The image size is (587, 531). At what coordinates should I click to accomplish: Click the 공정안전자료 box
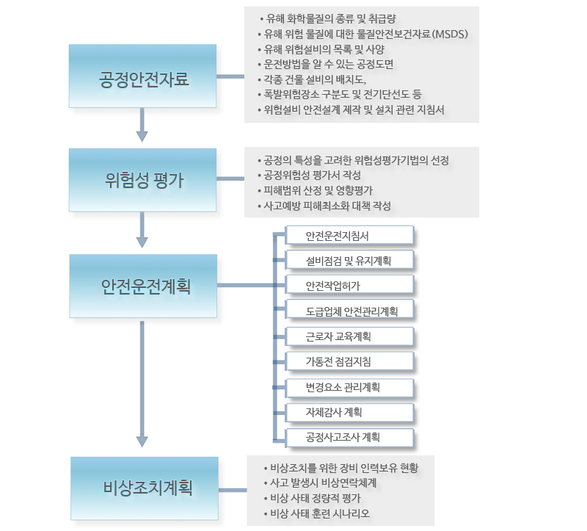point(142,76)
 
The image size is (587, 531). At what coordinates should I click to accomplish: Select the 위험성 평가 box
point(142,180)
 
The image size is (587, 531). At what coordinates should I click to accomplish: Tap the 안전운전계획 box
point(143,286)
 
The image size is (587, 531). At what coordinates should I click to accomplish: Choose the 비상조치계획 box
point(145,488)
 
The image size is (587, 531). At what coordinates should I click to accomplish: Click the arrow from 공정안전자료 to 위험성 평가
point(142,125)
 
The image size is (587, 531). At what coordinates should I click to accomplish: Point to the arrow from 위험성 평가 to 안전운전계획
point(142,230)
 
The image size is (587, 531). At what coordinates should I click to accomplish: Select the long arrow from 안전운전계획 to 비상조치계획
point(142,384)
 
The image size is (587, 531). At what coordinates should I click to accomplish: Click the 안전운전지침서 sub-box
point(350,236)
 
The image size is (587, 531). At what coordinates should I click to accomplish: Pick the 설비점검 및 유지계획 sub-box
point(350,261)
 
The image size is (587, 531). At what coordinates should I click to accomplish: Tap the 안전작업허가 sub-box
point(350,286)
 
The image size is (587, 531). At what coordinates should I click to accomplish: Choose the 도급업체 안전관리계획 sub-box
point(350,311)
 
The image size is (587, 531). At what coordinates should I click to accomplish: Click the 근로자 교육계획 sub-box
point(350,336)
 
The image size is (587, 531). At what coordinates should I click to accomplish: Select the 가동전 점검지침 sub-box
point(350,361)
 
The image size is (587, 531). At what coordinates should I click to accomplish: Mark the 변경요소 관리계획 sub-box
point(350,387)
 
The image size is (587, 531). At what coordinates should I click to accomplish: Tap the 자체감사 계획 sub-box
point(350,412)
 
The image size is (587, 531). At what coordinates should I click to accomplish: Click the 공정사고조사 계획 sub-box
point(350,437)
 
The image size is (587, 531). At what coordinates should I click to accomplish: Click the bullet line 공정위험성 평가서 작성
point(309,175)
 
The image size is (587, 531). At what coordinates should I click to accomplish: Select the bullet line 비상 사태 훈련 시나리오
point(317,513)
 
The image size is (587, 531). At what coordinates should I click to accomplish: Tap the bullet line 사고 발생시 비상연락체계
point(320,483)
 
